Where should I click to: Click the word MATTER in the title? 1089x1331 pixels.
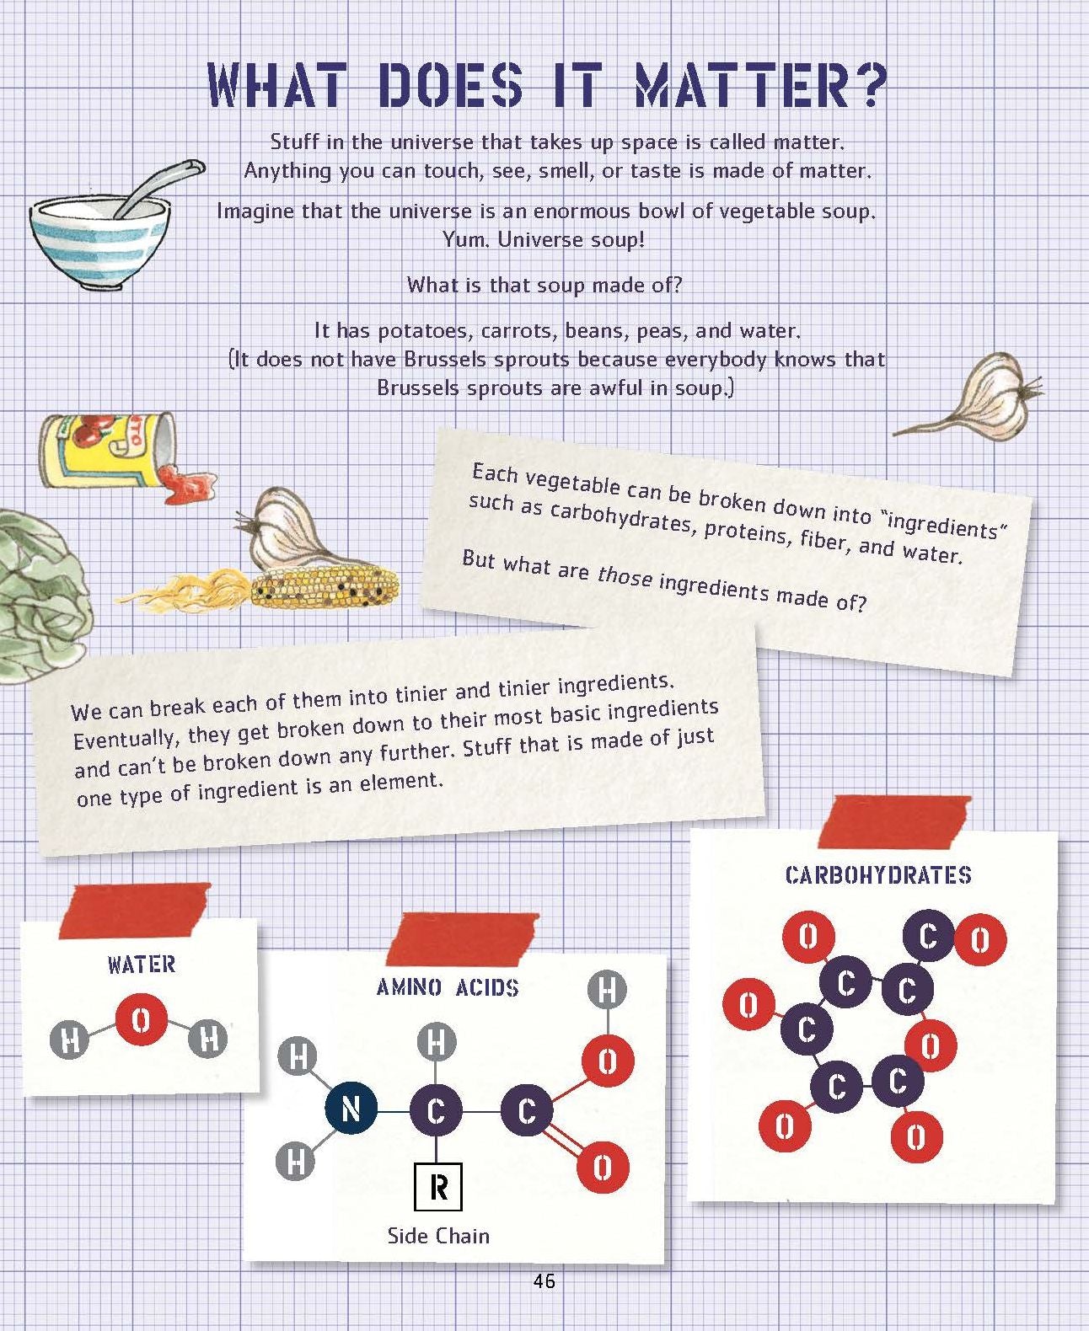pos(762,84)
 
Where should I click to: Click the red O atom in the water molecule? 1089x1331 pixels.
pos(142,1020)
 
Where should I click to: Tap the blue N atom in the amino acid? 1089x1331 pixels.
pos(351,1109)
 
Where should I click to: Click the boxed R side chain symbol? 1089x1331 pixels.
pos(438,1187)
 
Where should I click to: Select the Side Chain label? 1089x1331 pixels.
pos(439,1236)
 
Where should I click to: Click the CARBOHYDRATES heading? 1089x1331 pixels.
pos(878,875)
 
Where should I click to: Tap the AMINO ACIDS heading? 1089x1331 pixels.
pos(448,987)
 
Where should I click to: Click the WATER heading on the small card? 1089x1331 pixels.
pos(142,965)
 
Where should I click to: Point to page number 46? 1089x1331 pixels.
pos(544,1280)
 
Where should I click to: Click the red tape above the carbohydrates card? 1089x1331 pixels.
pos(894,821)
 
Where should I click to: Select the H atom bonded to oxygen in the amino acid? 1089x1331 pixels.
pos(608,990)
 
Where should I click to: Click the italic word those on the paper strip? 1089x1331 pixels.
pos(625,576)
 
